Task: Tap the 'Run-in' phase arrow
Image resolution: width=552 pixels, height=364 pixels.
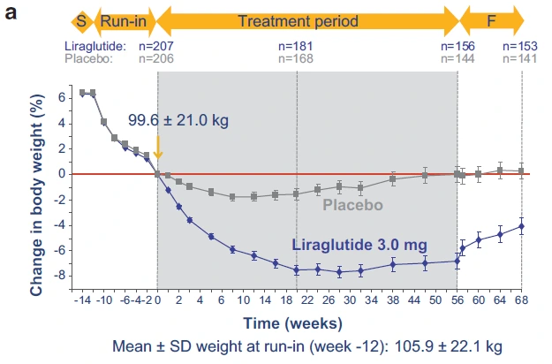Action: pyautogui.click(x=121, y=19)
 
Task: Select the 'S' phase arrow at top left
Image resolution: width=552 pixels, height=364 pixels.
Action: pyautogui.click(x=81, y=19)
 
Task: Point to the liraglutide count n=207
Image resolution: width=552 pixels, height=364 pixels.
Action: pyautogui.click(x=157, y=44)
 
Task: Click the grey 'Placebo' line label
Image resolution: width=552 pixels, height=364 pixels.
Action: pyautogui.click(x=352, y=206)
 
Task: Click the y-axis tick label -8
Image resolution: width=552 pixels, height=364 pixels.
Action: pyautogui.click(x=63, y=277)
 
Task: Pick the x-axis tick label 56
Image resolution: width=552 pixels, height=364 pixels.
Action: pyautogui.click(x=457, y=300)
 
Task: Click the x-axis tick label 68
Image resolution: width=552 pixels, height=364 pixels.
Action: pyautogui.click(x=521, y=300)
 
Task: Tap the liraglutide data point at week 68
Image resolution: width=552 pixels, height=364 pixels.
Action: pyautogui.click(x=521, y=226)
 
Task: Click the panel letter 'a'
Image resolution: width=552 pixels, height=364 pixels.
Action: pyautogui.click(x=13, y=15)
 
